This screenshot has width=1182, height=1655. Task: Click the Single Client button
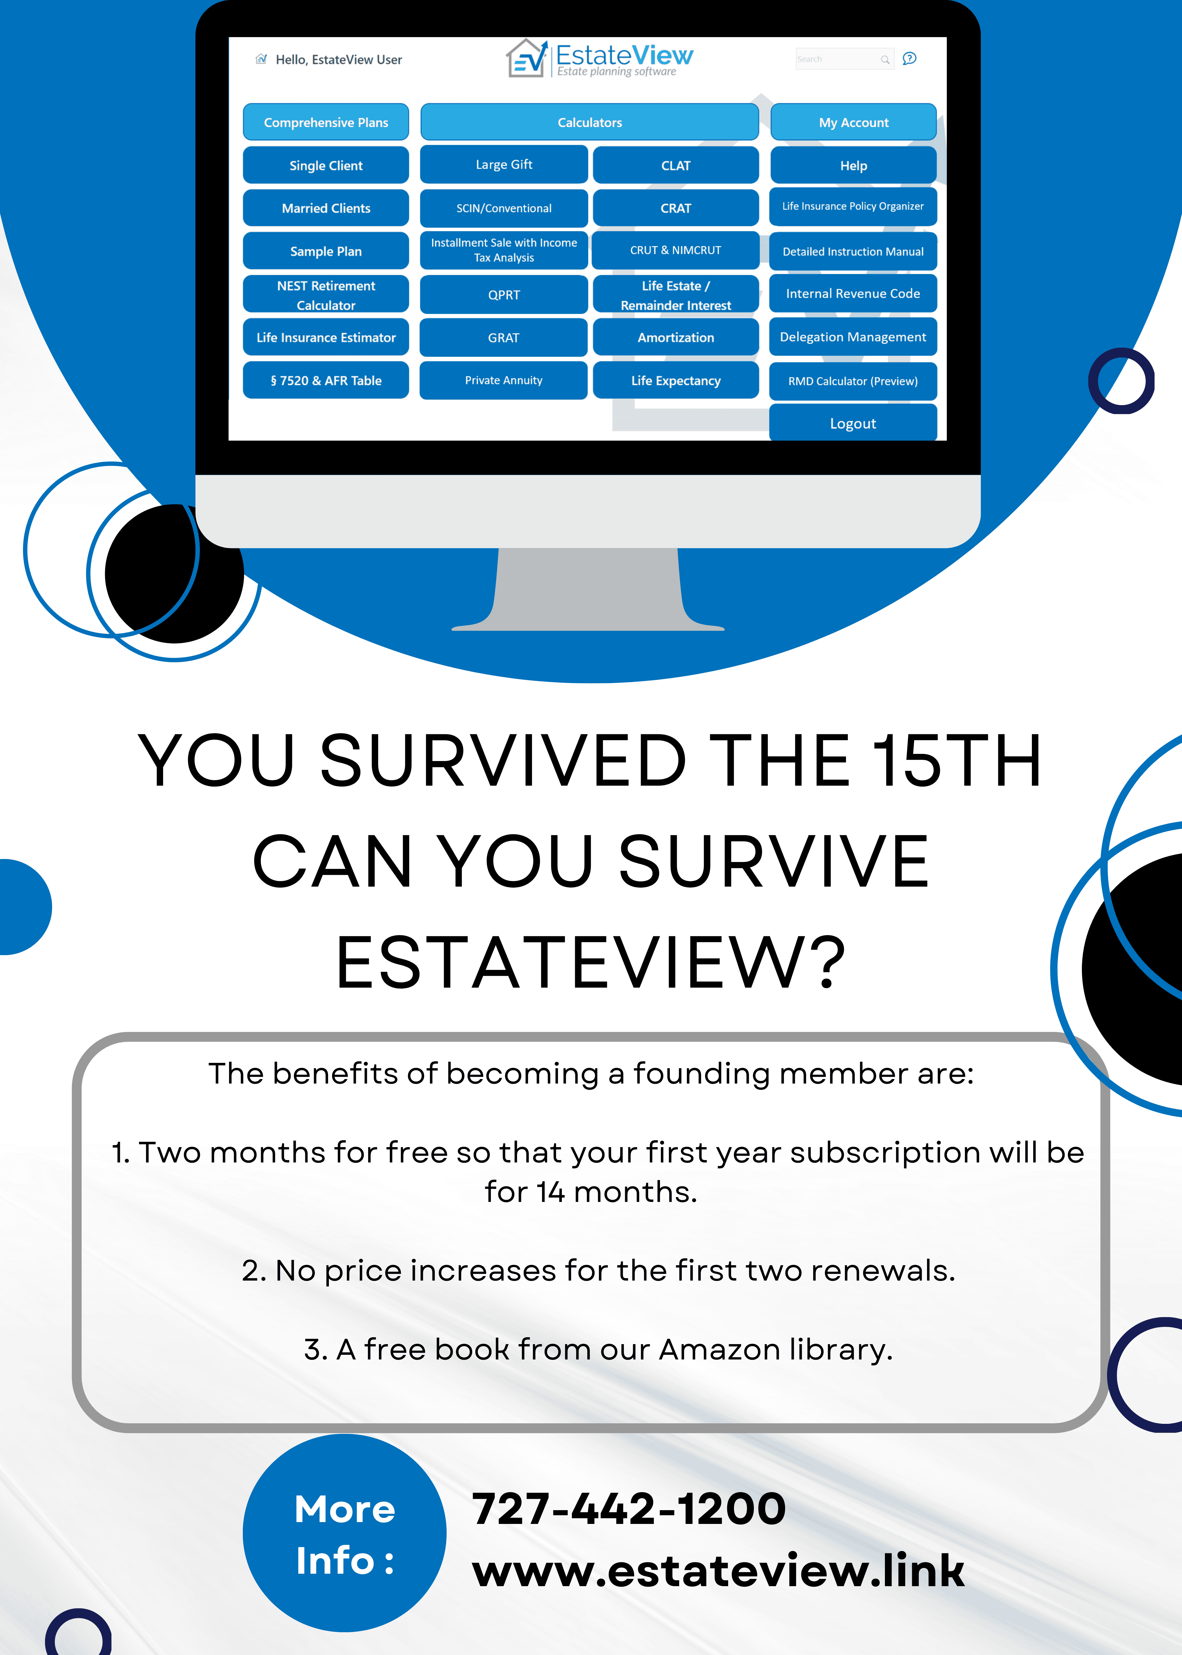coord(326,165)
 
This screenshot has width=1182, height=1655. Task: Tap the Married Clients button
coord(326,208)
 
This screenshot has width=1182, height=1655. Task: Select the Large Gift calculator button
coord(504,164)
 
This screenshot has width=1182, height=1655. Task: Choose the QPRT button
coord(504,295)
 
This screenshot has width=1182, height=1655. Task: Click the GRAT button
coord(504,338)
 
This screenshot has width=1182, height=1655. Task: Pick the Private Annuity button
coord(504,380)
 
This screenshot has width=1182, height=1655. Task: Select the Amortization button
coord(675,338)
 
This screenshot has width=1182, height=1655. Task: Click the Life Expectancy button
coord(675,381)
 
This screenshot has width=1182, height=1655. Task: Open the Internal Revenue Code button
coord(853,293)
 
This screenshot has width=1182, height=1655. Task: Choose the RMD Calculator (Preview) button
coord(853,381)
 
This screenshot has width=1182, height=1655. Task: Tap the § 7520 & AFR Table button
coord(326,381)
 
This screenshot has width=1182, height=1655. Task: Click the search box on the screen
coord(844,59)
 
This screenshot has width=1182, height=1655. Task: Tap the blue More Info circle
coord(344,1533)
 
